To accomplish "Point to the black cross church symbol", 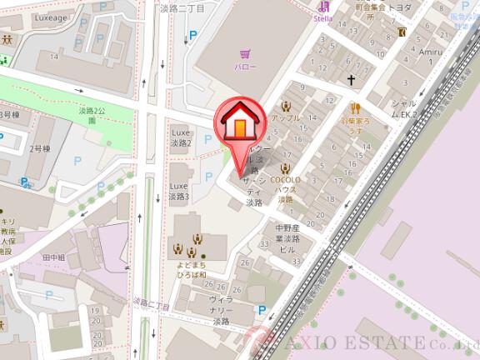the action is click(351, 81).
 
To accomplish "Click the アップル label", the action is click(286, 119).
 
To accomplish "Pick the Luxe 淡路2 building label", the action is click(181, 137).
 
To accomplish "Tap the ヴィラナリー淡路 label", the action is click(221, 309).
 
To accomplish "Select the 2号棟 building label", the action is click(40, 148).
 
